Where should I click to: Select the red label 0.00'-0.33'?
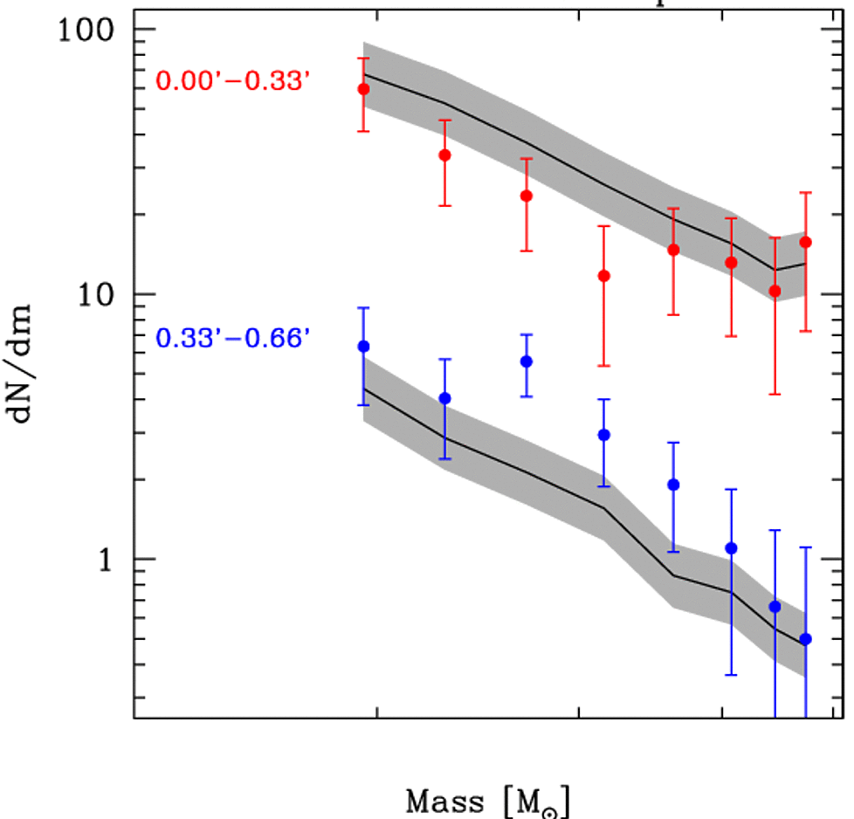233,81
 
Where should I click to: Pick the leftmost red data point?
363,89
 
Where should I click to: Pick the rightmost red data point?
805,242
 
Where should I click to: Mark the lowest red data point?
775,290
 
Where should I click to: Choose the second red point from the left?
444,155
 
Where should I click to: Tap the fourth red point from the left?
603,276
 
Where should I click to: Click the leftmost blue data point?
363,347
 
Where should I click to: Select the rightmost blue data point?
805,639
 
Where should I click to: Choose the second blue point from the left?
444,398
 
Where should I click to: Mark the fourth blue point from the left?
603,435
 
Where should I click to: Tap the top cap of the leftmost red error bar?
363,58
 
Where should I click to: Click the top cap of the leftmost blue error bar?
363,308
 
